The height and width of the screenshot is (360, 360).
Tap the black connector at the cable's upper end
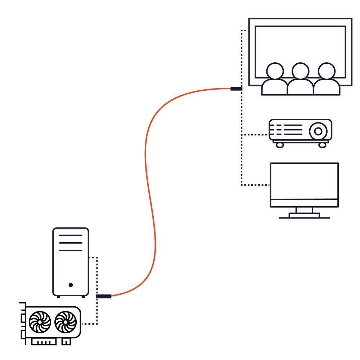(x=236, y=89)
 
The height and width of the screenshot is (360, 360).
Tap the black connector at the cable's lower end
(x=104, y=296)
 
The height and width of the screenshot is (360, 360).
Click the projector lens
(x=318, y=131)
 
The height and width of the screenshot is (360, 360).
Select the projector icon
(x=300, y=132)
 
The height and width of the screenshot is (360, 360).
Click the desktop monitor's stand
(x=304, y=213)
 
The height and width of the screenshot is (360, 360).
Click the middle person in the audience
(x=300, y=80)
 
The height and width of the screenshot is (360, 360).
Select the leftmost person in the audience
(x=275, y=80)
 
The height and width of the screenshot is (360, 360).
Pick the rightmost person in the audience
(x=326, y=80)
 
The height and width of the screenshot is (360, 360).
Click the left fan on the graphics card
(x=40, y=322)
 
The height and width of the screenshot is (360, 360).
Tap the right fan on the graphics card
(x=66, y=322)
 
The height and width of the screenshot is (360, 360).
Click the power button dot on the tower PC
(x=71, y=285)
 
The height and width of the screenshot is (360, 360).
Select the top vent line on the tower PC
(x=71, y=235)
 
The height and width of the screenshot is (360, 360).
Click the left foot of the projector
(x=279, y=145)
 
